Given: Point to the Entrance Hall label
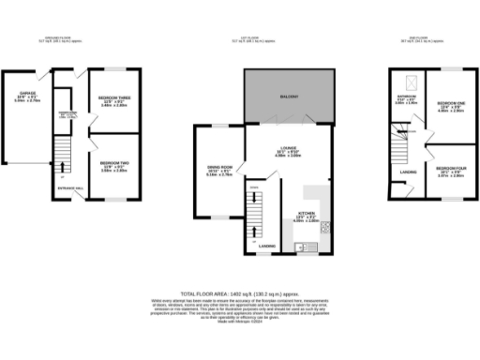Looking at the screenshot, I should click(x=70, y=188).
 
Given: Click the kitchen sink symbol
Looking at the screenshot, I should click(x=300, y=247).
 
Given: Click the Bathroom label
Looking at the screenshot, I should click(x=405, y=97).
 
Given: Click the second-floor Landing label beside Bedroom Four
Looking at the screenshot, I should click(x=408, y=172).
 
